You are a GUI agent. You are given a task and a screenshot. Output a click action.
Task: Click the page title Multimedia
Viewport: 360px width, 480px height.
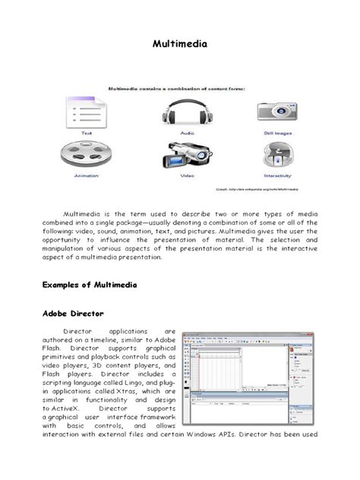180,45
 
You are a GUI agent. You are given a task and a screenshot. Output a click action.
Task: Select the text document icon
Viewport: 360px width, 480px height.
83,112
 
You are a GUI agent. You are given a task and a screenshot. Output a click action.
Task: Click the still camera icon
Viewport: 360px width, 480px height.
277,112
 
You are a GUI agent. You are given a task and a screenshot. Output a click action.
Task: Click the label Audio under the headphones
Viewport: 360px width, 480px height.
181,131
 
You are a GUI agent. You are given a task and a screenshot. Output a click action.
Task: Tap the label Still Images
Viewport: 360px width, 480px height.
277,131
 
